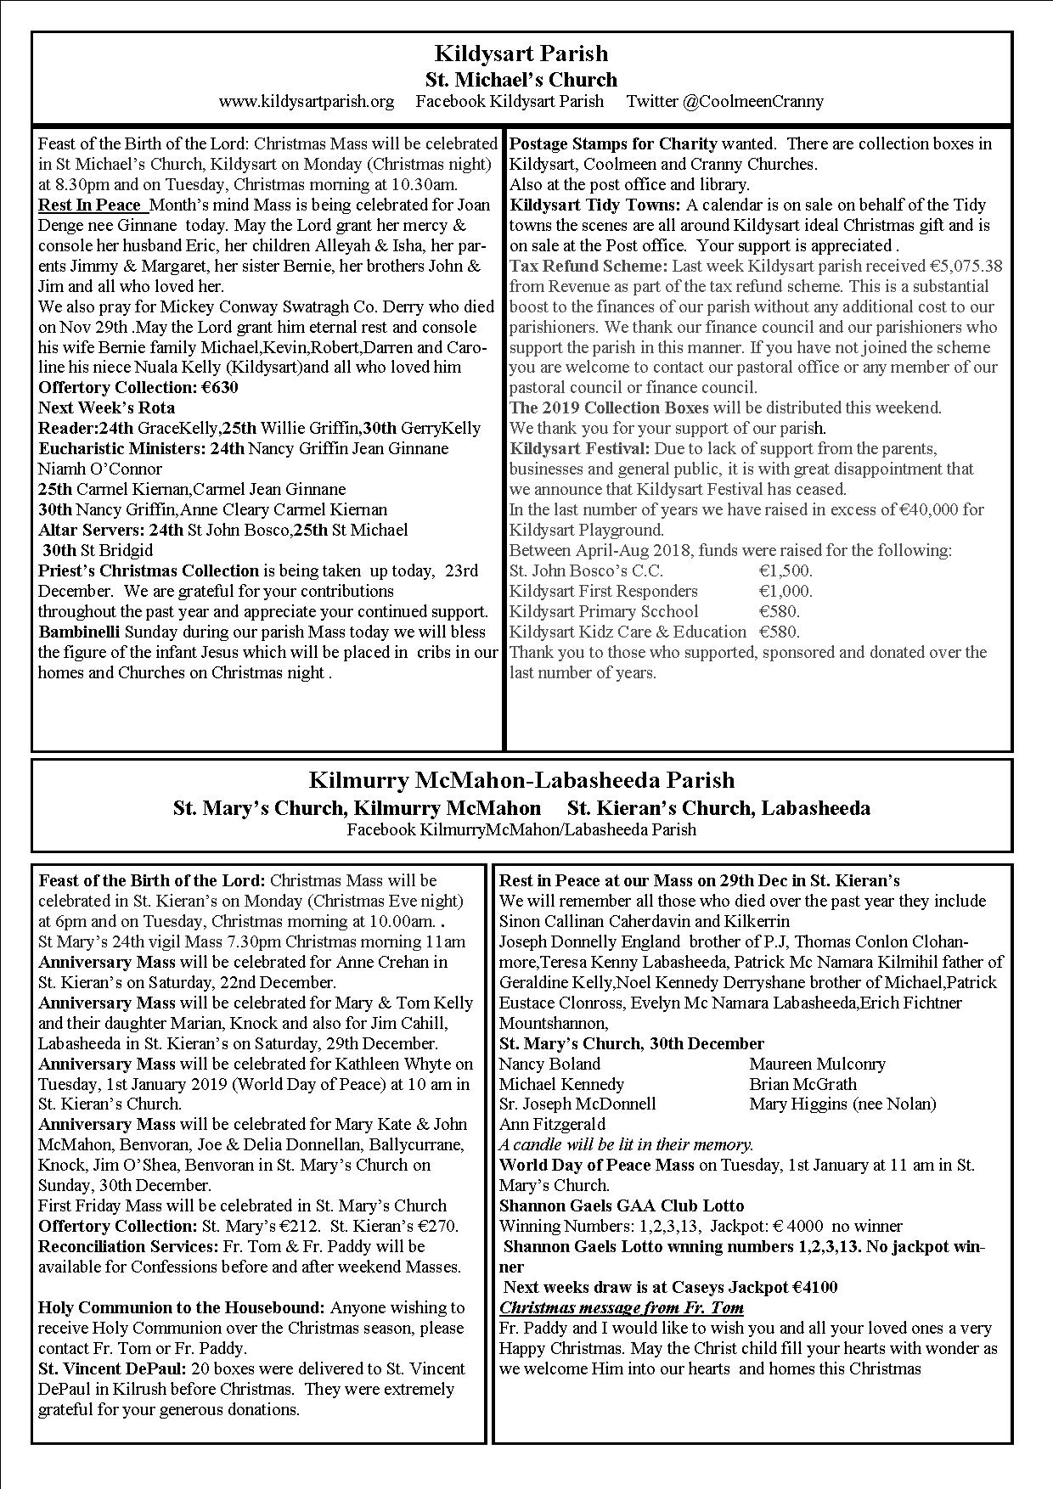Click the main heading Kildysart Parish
pos(521,53)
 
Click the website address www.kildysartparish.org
pos(306,102)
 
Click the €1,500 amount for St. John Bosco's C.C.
pos(786,571)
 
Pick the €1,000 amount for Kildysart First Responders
pos(786,592)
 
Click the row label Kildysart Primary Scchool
pos(604,612)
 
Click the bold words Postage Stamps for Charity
pos(613,143)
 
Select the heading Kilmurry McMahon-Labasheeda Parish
pos(521,780)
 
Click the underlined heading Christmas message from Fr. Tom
pos(622,1308)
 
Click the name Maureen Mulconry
pos(817,1064)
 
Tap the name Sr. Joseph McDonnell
pos(577,1104)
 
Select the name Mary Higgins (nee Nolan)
pos(842,1104)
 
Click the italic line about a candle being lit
pos(626,1145)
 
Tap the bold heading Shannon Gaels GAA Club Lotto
pos(622,1206)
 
